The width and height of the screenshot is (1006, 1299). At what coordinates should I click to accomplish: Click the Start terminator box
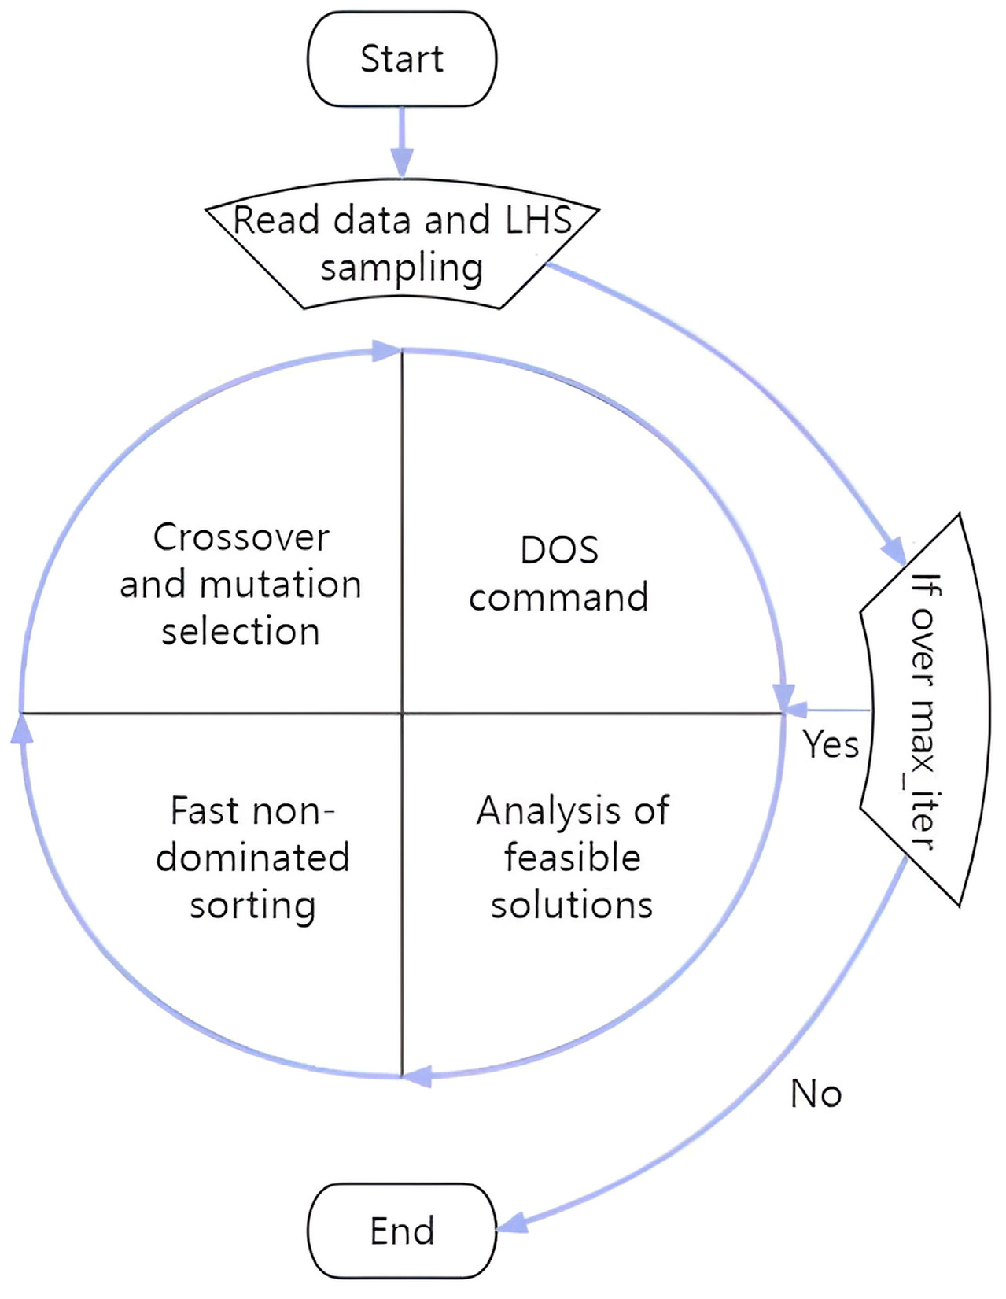(402, 59)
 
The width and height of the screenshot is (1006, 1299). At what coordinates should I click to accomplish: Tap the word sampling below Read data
(401, 268)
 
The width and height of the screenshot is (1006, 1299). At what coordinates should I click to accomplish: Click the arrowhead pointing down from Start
(402, 161)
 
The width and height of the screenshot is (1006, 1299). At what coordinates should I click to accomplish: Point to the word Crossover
(241, 538)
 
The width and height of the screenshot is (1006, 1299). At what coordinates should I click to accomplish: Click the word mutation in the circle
(280, 585)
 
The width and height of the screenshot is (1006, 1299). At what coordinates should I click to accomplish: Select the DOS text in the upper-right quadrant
(559, 550)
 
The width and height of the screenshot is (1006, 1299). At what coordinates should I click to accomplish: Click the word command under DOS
(558, 597)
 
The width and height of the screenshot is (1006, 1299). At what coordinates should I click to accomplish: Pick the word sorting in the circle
(252, 906)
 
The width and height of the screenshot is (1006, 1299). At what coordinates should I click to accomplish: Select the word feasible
(572, 858)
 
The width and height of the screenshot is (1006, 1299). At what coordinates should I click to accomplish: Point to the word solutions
(572, 905)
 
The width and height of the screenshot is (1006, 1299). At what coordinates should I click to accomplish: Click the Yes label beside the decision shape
(831, 744)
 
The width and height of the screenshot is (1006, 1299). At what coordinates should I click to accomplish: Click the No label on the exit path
(816, 1094)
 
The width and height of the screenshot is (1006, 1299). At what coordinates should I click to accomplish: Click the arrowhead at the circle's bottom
(418, 1076)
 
